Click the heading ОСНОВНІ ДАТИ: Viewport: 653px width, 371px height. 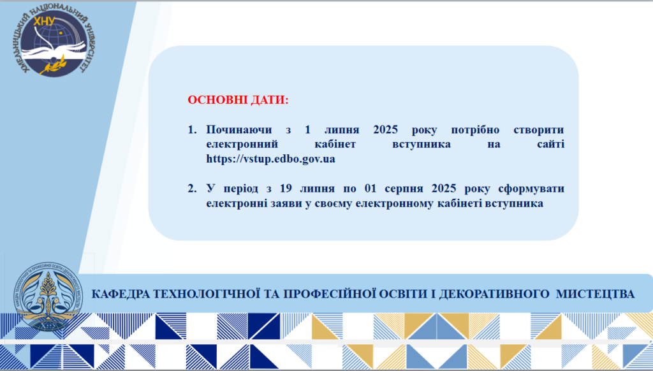pos(238,100)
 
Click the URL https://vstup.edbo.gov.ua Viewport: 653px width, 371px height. pos(270,159)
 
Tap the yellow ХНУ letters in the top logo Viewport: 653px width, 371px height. pos(44,21)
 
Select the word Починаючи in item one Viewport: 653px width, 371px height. pos(239,130)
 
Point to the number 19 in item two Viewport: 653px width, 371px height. pos(286,189)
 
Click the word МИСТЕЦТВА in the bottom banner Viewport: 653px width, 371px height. pos(595,294)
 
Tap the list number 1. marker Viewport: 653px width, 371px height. pos(192,129)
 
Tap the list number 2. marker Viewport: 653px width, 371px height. pos(192,189)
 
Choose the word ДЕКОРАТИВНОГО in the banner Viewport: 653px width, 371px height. pos(494,294)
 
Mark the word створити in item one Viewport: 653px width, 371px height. pos(539,130)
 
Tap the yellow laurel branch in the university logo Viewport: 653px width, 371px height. pos(55,66)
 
